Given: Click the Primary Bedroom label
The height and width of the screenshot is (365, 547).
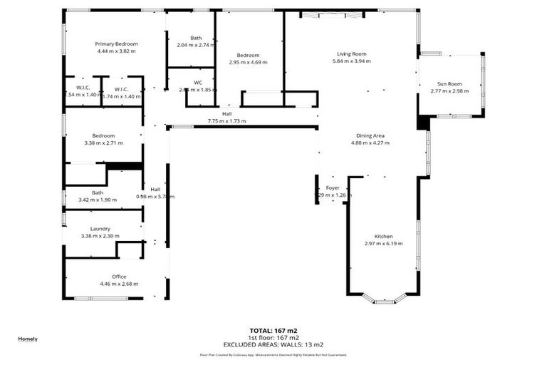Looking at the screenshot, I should (116, 43).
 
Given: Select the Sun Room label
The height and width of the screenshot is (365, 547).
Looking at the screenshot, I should (450, 83).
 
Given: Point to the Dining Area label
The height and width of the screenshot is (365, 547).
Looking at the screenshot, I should (370, 135).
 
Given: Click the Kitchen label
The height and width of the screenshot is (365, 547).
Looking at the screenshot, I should (383, 236).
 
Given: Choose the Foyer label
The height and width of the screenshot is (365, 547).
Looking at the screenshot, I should (333, 188).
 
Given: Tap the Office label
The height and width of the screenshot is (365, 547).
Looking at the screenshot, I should (119, 276).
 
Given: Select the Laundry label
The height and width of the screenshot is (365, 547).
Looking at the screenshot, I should (100, 228).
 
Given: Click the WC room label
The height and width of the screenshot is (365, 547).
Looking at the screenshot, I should (198, 82).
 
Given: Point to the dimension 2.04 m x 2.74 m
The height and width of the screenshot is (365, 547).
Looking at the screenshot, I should (196, 45).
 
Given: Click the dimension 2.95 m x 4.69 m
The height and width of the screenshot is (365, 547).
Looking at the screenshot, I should (248, 62).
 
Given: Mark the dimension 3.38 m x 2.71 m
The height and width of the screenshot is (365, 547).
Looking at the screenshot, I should (103, 143).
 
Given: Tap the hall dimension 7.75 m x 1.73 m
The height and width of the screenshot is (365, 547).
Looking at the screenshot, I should (226, 121).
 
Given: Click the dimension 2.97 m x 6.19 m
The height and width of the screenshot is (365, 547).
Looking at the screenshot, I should (383, 244).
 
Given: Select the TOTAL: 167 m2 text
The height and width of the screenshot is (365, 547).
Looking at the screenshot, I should (273, 331).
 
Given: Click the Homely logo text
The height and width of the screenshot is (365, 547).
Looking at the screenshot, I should (28, 339).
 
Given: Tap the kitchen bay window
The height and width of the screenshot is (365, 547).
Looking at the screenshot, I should (384, 300).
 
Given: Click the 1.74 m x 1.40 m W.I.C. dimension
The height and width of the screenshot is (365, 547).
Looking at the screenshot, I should (122, 95).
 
